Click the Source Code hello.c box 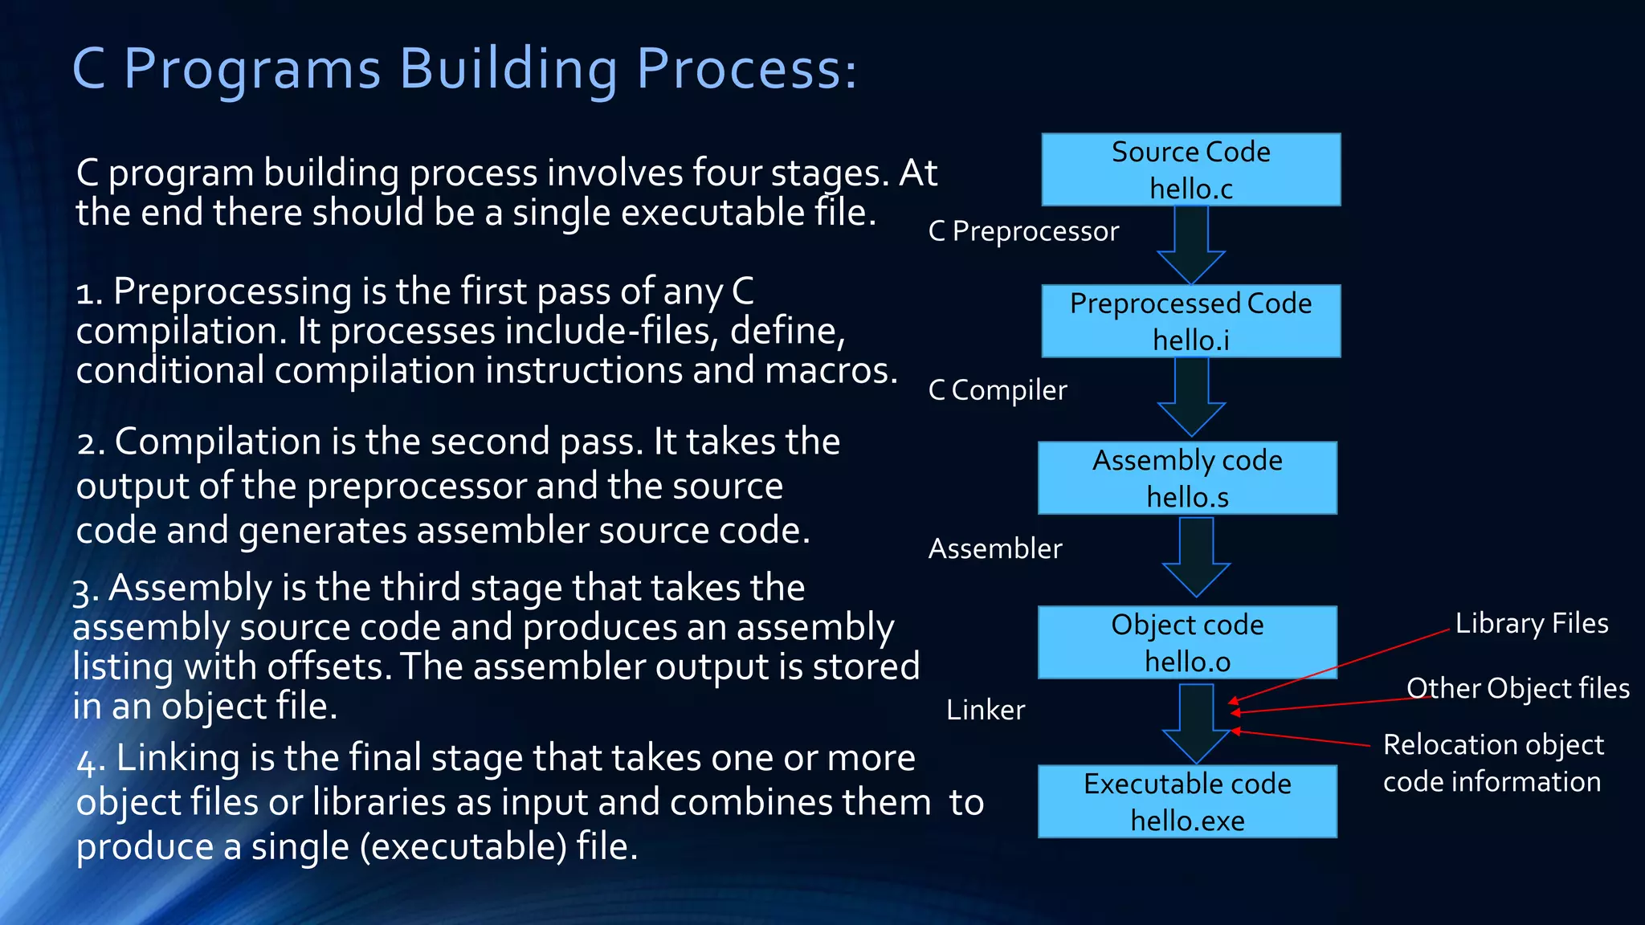pyautogui.click(x=1190, y=169)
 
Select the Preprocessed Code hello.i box pyautogui.click(x=1190, y=321)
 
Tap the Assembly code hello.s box pyautogui.click(x=1187, y=478)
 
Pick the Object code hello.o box pyautogui.click(x=1187, y=642)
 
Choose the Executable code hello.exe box pyautogui.click(x=1187, y=801)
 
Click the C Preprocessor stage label pyautogui.click(x=1023, y=231)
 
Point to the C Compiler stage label pyautogui.click(x=998, y=390)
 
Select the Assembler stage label pyautogui.click(x=995, y=548)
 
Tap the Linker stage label pyautogui.click(x=986, y=710)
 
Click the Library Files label pyautogui.click(x=1532, y=623)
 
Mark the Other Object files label pyautogui.click(x=1518, y=688)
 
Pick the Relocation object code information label pyautogui.click(x=1492, y=763)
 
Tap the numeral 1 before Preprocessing pyautogui.click(x=85, y=292)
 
